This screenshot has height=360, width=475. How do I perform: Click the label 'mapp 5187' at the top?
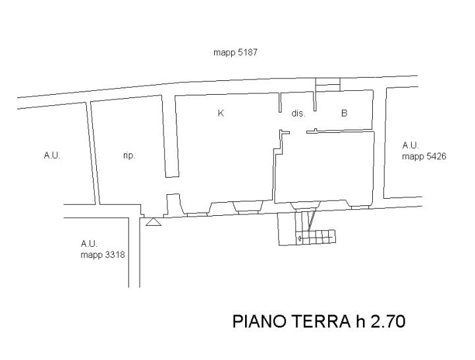click(x=235, y=53)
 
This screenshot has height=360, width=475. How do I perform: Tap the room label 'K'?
click(x=221, y=113)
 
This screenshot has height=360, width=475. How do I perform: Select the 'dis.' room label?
click(x=298, y=113)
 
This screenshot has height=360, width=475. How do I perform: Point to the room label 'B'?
click(x=344, y=113)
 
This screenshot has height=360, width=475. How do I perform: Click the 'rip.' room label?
click(x=129, y=156)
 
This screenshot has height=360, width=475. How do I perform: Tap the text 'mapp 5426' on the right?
click(x=424, y=157)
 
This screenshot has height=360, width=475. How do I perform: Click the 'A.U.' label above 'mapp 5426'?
click(x=410, y=145)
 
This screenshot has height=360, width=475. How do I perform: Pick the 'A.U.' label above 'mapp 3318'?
click(x=89, y=244)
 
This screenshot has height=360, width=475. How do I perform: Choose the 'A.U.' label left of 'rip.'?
click(x=52, y=156)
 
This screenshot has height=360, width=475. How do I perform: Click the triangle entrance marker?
click(x=154, y=222)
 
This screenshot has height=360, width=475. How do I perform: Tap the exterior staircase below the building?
click(x=310, y=230)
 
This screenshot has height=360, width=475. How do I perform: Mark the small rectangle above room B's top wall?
click(x=327, y=82)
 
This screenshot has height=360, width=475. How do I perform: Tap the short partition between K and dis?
click(x=281, y=104)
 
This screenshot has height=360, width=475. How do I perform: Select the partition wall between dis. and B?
click(x=315, y=102)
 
